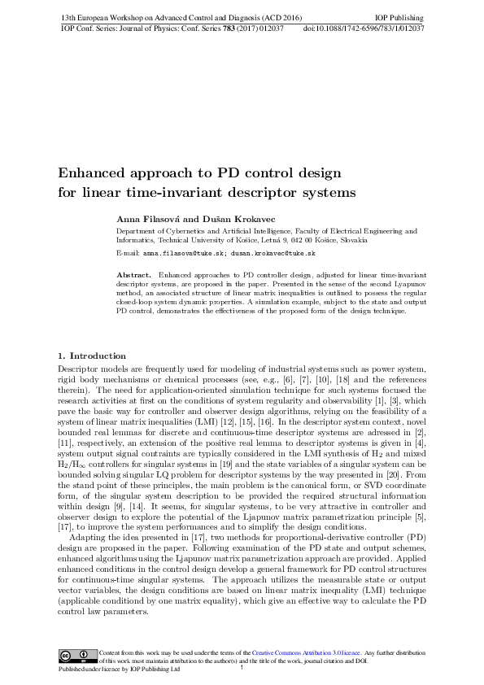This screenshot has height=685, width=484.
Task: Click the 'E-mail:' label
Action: tap(130, 254)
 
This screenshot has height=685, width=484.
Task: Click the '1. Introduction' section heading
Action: tap(92, 356)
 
